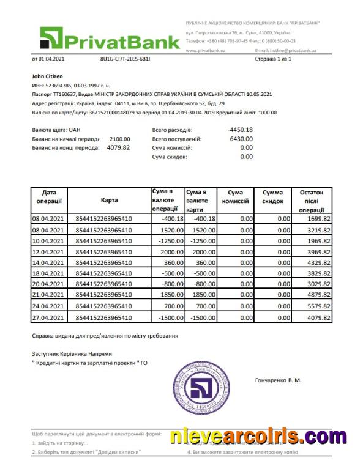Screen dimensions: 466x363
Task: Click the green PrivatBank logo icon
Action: (x=53, y=38)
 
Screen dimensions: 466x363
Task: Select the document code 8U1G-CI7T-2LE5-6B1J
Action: (x=125, y=59)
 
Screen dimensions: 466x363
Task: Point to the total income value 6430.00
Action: (x=241, y=139)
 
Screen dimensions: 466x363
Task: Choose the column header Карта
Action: (x=110, y=200)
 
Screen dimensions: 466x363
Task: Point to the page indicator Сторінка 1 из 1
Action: (x=272, y=59)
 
